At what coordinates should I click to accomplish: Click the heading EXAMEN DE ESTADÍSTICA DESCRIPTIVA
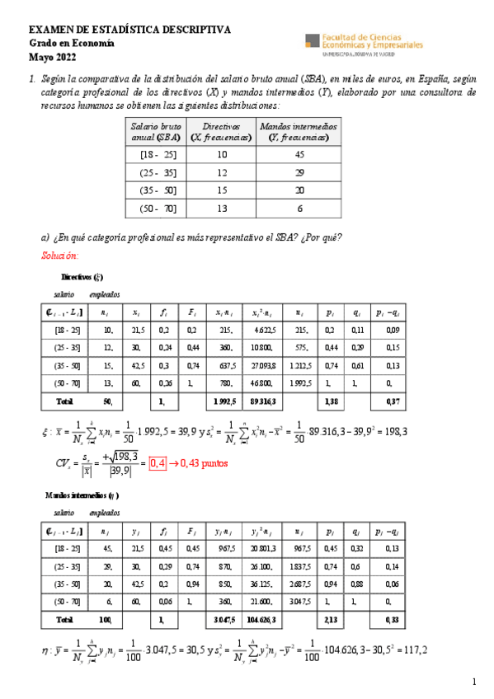click(x=130, y=30)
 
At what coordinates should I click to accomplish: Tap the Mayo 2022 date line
click(x=50, y=57)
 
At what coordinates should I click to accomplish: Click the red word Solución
click(x=59, y=255)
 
